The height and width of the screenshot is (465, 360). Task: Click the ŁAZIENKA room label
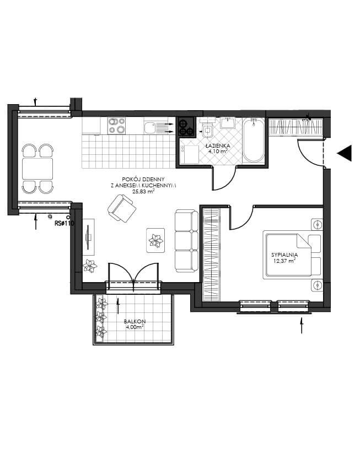click(x=218, y=146)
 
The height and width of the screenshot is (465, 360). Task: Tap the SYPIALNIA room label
click(x=284, y=255)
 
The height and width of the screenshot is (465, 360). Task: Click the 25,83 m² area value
click(x=143, y=192)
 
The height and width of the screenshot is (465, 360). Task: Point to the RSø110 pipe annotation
click(x=64, y=223)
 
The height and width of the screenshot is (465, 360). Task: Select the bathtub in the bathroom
click(x=253, y=140)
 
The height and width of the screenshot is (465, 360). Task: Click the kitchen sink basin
click(x=149, y=128)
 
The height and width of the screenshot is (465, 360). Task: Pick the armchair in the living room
click(x=122, y=208)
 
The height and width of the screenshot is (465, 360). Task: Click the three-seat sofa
click(x=186, y=241)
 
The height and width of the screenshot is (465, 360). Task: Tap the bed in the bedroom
click(x=292, y=255)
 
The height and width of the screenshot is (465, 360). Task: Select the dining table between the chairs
click(x=37, y=169)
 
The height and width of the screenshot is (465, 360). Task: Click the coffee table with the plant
click(x=155, y=240)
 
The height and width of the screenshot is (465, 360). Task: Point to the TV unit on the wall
click(x=88, y=237)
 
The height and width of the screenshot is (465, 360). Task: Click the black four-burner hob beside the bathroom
click(x=186, y=127)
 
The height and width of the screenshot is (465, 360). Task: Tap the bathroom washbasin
click(x=228, y=123)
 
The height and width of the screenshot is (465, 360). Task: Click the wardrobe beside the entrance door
click(x=296, y=127)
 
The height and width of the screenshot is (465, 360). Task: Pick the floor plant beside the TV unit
click(x=90, y=266)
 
